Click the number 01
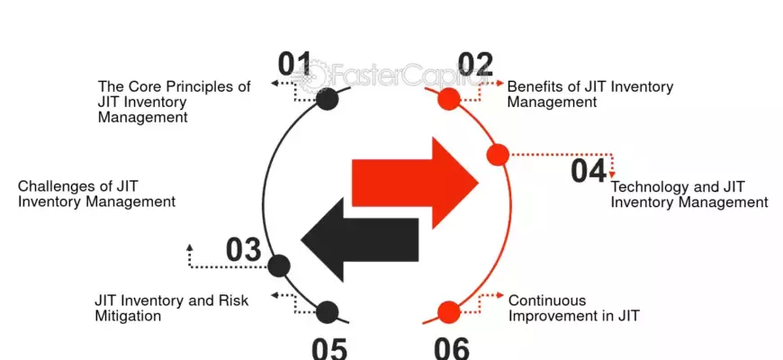(x=294, y=63)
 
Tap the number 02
(x=475, y=63)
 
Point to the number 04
(x=589, y=171)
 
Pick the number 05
(x=329, y=348)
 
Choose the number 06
(x=452, y=348)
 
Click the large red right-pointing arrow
(x=416, y=183)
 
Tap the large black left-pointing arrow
(x=359, y=239)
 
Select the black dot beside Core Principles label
(x=327, y=99)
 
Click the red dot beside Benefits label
(x=448, y=99)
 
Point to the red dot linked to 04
(x=498, y=155)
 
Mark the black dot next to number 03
(x=279, y=265)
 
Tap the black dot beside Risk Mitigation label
(x=327, y=312)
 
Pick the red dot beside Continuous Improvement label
(x=448, y=312)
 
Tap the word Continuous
(x=547, y=301)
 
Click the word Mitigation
(x=128, y=317)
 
